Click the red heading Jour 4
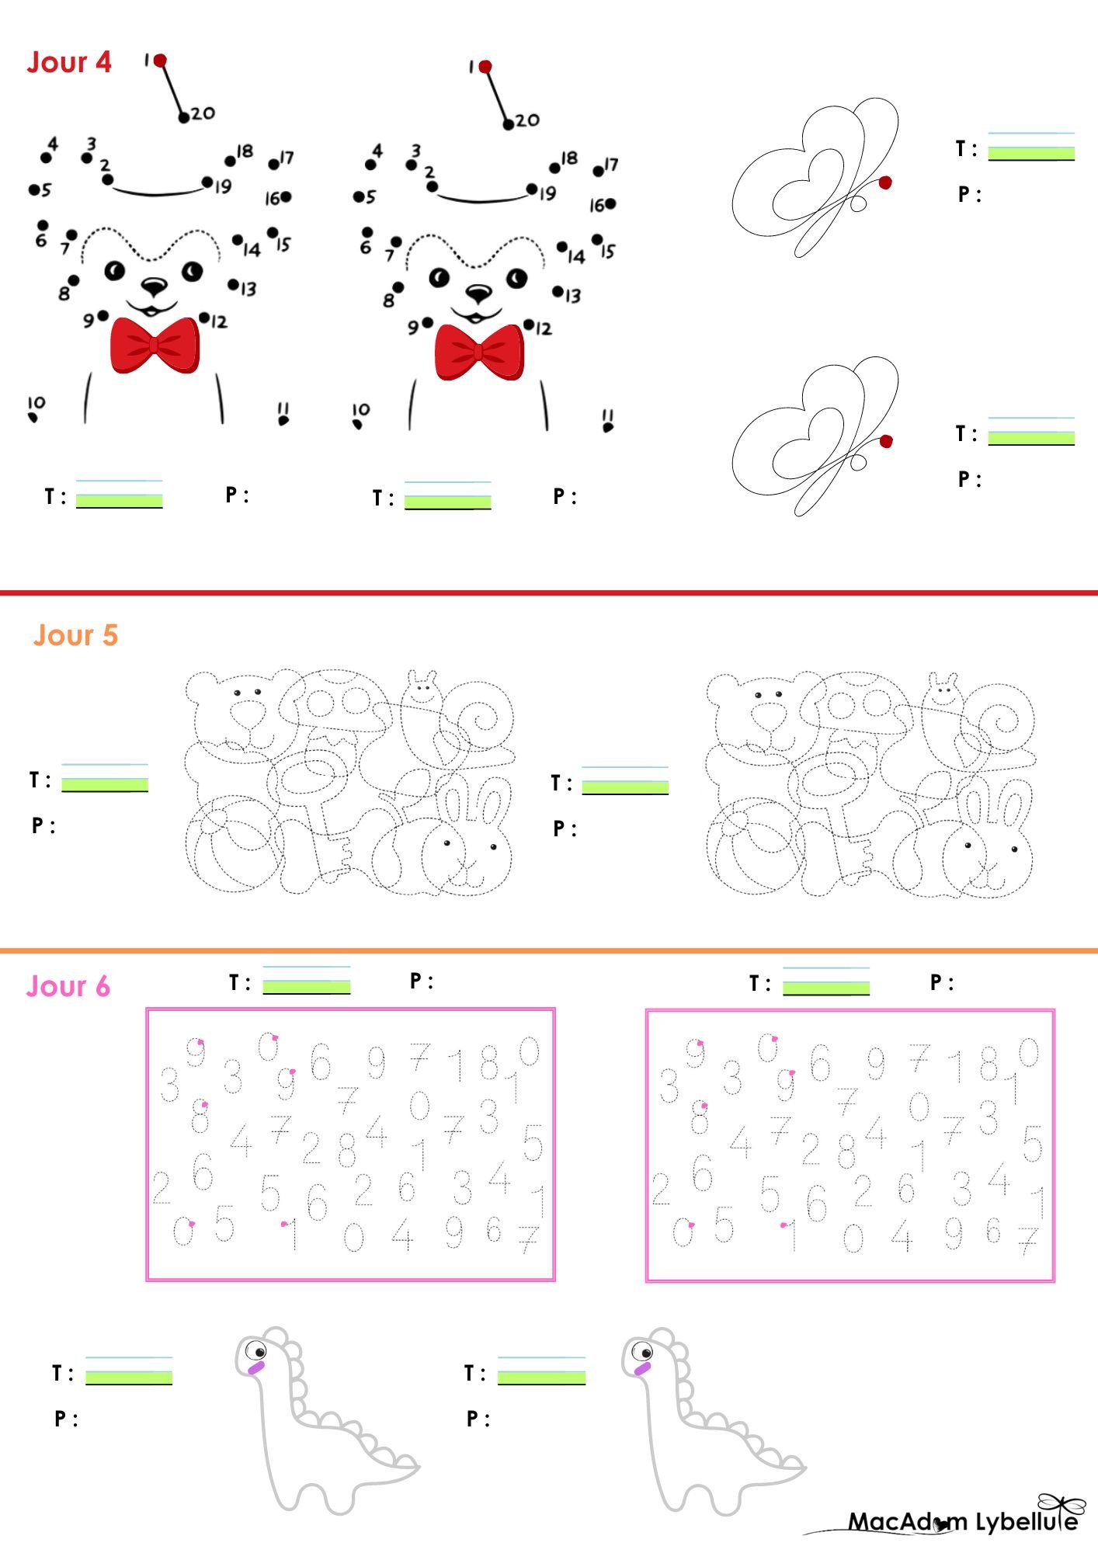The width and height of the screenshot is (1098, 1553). point(69,62)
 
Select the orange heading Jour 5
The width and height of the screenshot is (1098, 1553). point(75,635)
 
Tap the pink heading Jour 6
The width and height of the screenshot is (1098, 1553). point(68,986)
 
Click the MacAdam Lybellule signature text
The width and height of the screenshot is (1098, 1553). point(962,1522)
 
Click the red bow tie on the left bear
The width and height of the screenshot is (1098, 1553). point(155,345)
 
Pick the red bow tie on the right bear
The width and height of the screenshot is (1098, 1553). point(479,352)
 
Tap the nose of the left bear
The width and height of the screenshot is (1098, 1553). point(154,287)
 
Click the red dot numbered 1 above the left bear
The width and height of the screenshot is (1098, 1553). point(160,61)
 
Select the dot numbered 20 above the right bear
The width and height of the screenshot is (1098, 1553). point(508,124)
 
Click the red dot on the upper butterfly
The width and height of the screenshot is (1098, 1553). point(885,182)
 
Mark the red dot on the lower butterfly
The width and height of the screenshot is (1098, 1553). point(886,442)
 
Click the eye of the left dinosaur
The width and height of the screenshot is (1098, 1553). point(255,1352)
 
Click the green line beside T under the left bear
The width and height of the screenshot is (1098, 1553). point(119,502)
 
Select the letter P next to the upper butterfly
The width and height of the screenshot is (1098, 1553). point(964,194)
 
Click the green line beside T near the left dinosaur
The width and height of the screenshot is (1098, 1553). point(129,1378)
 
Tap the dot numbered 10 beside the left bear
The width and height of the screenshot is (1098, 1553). point(33,418)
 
